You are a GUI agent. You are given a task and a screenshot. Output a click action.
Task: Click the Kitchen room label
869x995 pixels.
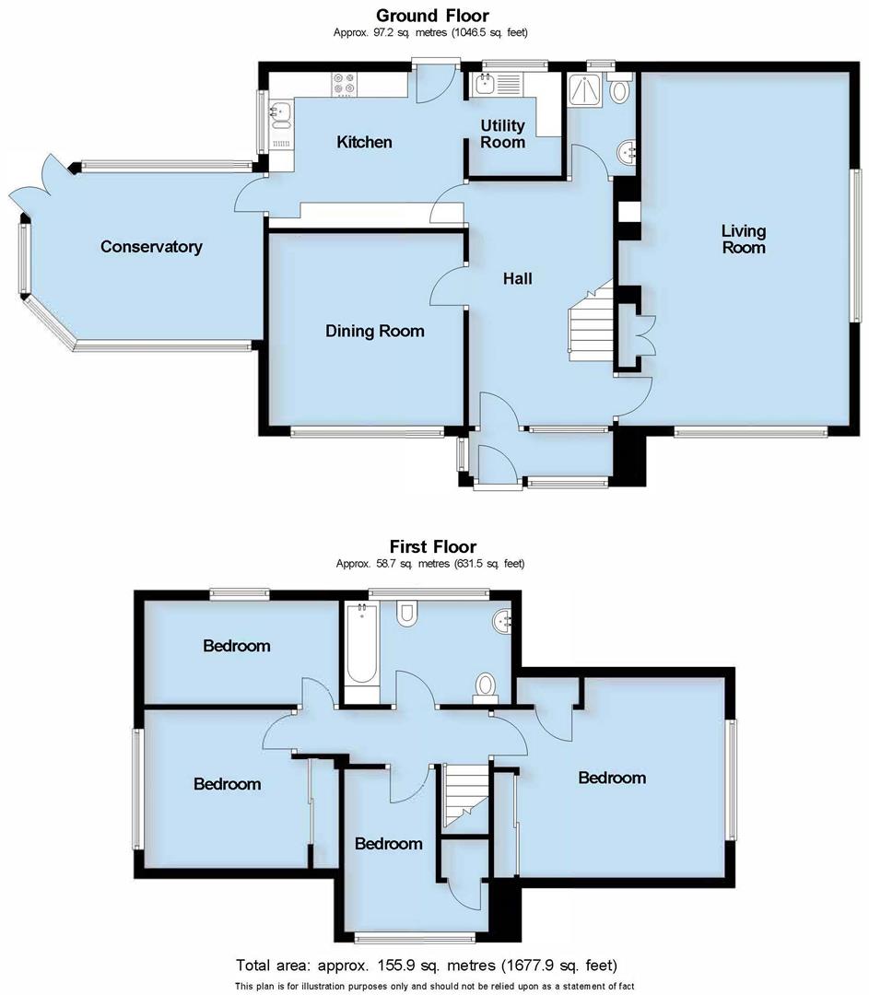click(364, 142)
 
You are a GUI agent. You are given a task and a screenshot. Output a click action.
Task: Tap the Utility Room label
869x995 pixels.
click(503, 134)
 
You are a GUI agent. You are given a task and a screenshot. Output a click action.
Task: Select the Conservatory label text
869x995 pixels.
click(151, 247)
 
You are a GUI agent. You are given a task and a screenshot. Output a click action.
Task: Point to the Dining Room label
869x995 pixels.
click(375, 331)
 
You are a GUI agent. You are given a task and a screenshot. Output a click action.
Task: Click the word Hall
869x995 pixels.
click(517, 278)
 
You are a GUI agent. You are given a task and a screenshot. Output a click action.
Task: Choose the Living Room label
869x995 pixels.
click(743, 240)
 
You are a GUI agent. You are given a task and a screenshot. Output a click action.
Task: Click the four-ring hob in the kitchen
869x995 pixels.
click(346, 85)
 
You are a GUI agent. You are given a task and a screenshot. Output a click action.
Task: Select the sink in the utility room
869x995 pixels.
click(485, 86)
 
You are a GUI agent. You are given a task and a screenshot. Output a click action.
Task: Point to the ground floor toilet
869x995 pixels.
click(621, 89)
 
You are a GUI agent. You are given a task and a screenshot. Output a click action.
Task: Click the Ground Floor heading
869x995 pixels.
click(432, 15)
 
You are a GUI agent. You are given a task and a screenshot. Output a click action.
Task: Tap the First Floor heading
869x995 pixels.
click(432, 546)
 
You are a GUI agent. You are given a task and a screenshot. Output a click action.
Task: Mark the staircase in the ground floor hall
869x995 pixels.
click(590, 322)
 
